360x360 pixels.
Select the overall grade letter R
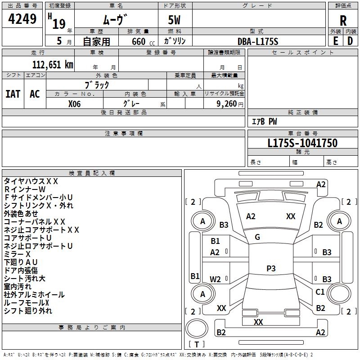coord(343,21)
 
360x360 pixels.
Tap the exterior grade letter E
coord(335,40)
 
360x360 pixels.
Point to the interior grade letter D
coord(350,40)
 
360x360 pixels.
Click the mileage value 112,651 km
coord(53,65)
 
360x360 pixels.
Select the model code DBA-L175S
coord(258,41)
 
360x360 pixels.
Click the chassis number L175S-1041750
coord(302,143)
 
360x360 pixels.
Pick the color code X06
coord(75,103)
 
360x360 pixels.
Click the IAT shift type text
coord(13,94)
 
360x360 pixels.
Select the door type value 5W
coord(175,21)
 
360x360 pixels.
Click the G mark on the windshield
coord(257,237)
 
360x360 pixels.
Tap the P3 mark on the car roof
coord(271,269)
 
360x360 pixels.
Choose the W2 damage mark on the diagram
coord(216,279)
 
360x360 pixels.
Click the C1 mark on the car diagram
coord(320,292)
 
